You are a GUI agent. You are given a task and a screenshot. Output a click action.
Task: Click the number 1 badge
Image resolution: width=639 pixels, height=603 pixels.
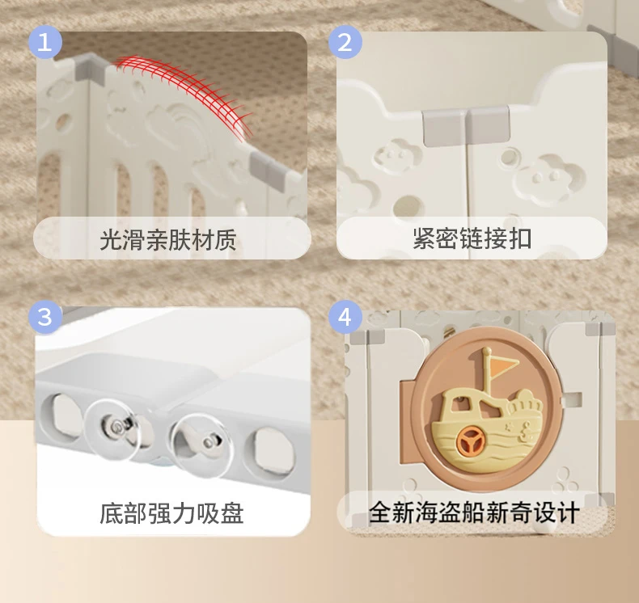(x=44, y=42)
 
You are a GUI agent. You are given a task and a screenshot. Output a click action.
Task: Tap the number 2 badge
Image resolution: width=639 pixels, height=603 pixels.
(x=345, y=42)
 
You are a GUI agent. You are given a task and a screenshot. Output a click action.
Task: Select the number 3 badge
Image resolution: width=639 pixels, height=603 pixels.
(x=44, y=317)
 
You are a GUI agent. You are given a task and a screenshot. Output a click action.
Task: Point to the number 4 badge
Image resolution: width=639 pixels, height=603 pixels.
(x=345, y=317)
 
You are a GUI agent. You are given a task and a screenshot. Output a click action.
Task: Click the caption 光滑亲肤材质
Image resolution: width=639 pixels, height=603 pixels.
(x=168, y=239)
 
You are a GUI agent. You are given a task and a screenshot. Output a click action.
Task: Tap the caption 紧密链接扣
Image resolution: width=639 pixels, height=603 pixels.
(x=472, y=238)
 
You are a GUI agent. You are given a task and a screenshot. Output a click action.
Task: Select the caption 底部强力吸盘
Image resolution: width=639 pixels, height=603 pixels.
(x=171, y=513)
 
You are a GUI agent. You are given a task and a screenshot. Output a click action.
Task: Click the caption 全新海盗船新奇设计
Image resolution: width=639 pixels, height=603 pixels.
(x=474, y=512)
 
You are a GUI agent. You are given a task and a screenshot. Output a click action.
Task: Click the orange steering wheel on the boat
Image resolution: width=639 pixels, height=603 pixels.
(x=470, y=441)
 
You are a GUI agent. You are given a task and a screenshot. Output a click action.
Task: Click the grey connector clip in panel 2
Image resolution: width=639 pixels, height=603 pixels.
(x=466, y=126)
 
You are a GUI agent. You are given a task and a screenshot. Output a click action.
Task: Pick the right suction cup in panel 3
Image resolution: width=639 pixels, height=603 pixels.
(x=201, y=445)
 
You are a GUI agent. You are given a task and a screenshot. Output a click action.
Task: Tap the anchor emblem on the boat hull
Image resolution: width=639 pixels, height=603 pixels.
(x=525, y=432)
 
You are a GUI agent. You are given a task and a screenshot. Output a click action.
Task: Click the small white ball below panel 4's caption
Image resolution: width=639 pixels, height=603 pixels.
(x=545, y=527)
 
